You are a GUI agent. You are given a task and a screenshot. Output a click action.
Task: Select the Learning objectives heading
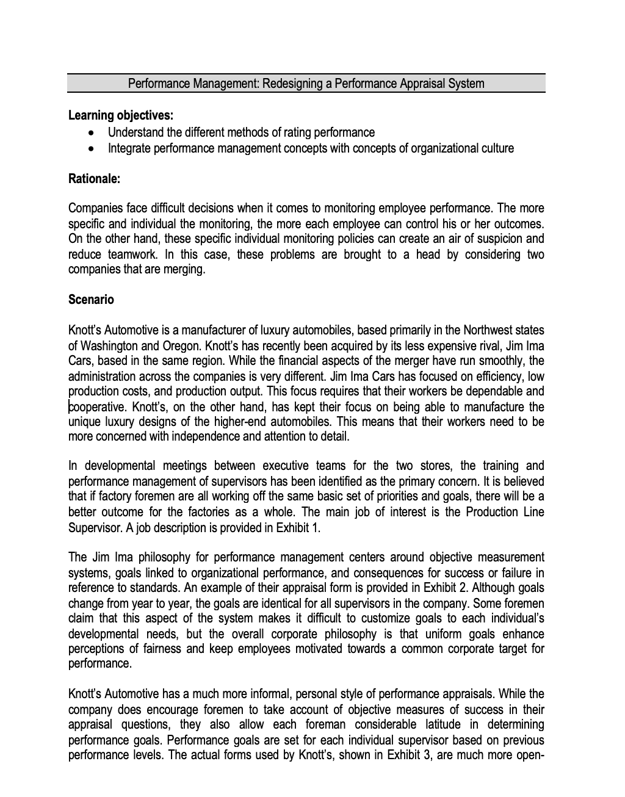[x=121, y=115]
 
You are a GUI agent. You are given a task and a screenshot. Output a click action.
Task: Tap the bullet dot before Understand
[x=92, y=132]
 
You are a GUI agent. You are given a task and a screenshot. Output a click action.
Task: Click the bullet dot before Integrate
[x=92, y=148]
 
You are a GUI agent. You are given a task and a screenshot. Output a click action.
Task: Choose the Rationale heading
[x=94, y=179]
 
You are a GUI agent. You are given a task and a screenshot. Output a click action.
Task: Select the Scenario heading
[x=91, y=300]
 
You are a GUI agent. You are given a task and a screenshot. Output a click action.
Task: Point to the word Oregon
[x=181, y=345]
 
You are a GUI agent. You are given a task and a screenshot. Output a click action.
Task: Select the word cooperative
[x=96, y=406]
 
